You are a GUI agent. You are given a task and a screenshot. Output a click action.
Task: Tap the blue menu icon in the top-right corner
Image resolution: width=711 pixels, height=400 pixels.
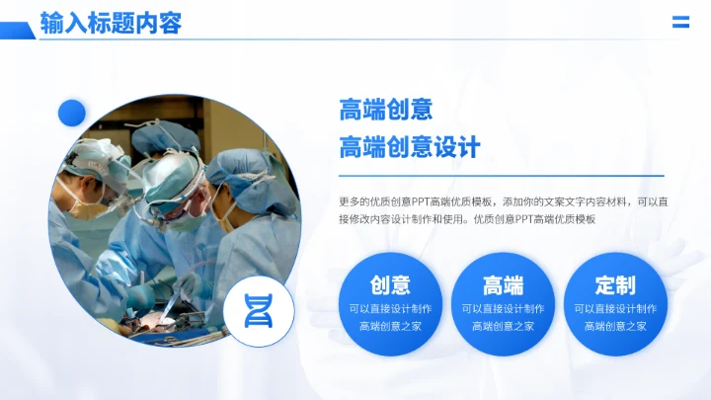[x=680, y=23]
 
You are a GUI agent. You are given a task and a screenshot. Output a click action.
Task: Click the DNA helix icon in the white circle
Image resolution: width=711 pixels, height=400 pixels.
[x=258, y=311]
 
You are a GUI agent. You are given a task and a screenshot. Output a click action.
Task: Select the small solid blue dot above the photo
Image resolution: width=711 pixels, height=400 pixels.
[x=72, y=113]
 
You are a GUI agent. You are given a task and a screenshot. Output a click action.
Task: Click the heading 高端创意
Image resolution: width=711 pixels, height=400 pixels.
[x=386, y=110]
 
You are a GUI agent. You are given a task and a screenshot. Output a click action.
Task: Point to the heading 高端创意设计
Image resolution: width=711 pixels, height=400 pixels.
[x=409, y=147]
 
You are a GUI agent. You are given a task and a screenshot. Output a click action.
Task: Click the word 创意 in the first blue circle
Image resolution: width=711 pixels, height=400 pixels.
[x=390, y=285]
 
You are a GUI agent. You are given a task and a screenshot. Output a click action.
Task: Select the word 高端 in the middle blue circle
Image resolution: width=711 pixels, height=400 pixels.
[x=503, y=285]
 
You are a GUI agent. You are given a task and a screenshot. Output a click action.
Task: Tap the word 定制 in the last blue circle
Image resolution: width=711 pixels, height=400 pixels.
[x=615, y=285]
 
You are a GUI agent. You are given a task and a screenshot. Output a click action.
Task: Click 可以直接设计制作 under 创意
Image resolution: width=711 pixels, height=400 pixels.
[x=390, y=308]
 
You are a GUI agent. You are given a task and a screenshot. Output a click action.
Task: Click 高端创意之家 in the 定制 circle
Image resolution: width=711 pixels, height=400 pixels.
[x=615, y=326]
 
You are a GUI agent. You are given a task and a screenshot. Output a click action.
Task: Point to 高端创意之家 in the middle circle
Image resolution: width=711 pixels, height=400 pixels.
[x=503, y=326]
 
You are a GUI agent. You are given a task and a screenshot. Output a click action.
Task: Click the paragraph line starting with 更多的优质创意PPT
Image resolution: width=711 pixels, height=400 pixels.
[x=503, y=200]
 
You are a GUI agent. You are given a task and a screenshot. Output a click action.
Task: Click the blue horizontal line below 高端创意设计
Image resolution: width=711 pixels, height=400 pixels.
[x=501, y=176]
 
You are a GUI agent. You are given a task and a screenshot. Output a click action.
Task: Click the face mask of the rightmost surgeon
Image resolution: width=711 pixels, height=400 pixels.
[x=229, y=221]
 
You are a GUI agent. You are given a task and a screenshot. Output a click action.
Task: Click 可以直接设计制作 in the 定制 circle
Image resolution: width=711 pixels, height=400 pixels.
[x=615, y=308]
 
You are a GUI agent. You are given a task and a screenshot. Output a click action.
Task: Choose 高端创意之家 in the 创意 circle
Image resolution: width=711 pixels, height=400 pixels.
[x=390, y=326]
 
